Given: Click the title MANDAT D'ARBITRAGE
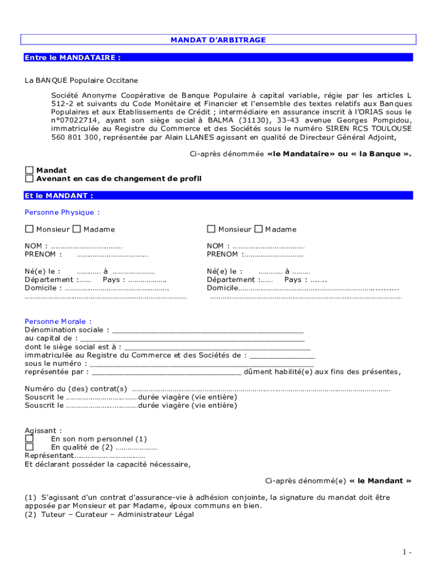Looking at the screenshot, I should click(218, 40).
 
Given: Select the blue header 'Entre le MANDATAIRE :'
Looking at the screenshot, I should click(73, 57).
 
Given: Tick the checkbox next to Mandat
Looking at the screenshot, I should click(29, 170).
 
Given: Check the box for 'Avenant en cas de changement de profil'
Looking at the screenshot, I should click(29, 179).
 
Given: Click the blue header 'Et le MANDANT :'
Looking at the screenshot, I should click(59, 195).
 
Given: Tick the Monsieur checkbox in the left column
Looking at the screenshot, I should click(29, 229).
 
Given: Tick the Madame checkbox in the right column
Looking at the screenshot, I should click(258, 229).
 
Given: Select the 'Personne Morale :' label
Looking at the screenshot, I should click(58, 321).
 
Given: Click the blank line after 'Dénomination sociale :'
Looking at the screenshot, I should click(208, 330).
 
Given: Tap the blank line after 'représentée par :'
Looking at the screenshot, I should click(166, 372).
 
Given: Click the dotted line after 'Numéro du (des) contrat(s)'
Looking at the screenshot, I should click(261, 389).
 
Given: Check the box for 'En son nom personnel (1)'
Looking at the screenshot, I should click(29, 439).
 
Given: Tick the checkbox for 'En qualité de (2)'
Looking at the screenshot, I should click(29, 447).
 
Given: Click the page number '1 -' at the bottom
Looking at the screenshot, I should click(407, 552).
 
